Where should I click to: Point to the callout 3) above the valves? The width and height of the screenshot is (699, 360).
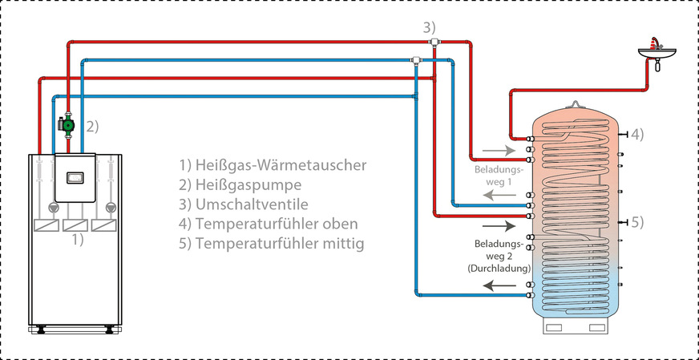(431, 27)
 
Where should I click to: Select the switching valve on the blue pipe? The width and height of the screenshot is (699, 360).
(416, 59)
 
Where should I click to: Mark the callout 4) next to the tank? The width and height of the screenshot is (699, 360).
(636, 132)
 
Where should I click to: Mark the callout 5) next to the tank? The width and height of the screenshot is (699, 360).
(636, 221)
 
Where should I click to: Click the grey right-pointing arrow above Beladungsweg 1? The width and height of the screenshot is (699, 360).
(494, 149)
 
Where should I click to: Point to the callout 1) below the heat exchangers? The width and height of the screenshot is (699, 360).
(74, 238)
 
